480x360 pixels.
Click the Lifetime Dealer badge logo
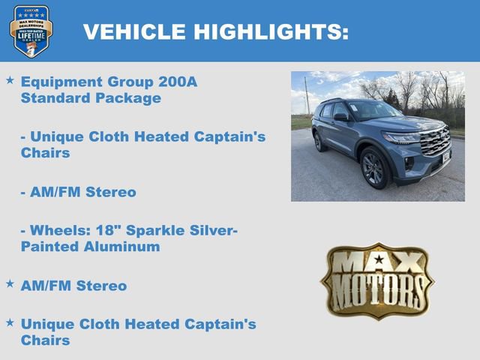click(x=31, y=31)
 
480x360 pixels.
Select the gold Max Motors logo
click(x=377, y=280)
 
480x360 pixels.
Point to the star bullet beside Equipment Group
click(x=10, y=79)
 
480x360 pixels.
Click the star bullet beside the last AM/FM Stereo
click(x=10, y=283)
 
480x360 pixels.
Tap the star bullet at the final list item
click(x=10, y=322)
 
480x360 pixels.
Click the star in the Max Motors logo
click(x=377, y=260)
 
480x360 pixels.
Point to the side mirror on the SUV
click(x=341, y=117)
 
